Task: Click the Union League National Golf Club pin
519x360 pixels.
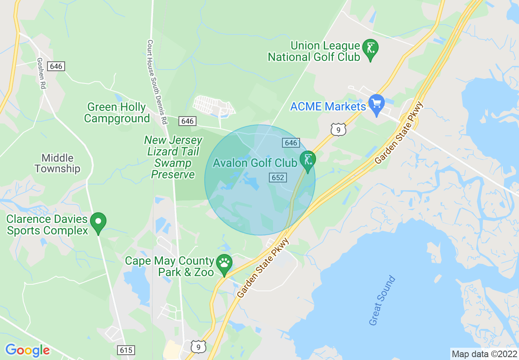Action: (x=370, y=49)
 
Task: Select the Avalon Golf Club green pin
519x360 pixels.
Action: (x=307, y=160)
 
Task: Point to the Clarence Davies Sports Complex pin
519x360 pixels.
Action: (x=98, y=222)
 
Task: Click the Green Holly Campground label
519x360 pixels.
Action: (x=117, y=113)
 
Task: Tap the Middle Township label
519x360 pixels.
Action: (x=57, y=163)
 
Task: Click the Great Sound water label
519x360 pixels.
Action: (x=382, y=301)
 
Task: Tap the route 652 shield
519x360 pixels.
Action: (x=278, y=178)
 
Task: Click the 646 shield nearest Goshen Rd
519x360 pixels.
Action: (x=56, y=66)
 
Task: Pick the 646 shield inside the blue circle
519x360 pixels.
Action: (x=290, y=143)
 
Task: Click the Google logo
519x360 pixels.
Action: (x=27, y=350)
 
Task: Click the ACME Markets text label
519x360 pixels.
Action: (x=328, y=107)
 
